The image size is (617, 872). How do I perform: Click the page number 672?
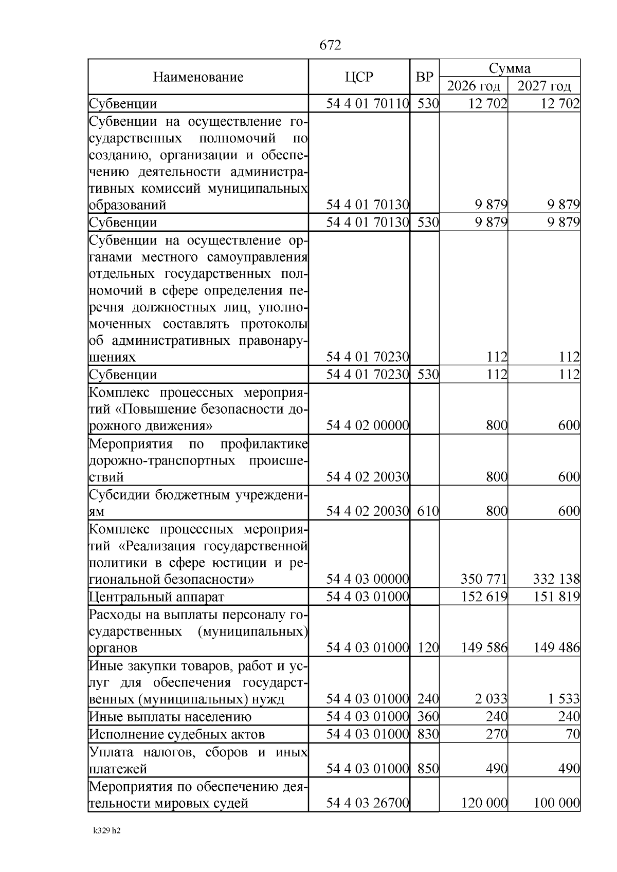point(330,46)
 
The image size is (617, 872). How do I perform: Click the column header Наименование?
point(198,78)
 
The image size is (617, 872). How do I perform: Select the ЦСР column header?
point(359,78)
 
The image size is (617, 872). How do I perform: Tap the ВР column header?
point(424,78)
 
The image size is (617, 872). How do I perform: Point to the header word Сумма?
point(510,68)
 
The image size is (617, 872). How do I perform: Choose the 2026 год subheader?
point(474,86)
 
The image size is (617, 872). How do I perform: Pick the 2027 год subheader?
point(544,86)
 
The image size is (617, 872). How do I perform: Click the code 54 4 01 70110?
point(368,104)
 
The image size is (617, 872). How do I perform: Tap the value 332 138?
point(556,580)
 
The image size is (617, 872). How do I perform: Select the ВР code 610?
point(428,511)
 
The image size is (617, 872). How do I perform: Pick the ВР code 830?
point(428,734)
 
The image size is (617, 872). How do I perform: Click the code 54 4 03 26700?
point(368,803)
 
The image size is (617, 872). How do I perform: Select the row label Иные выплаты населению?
point(171,717)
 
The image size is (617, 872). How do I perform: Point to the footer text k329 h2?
point(107,830)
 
